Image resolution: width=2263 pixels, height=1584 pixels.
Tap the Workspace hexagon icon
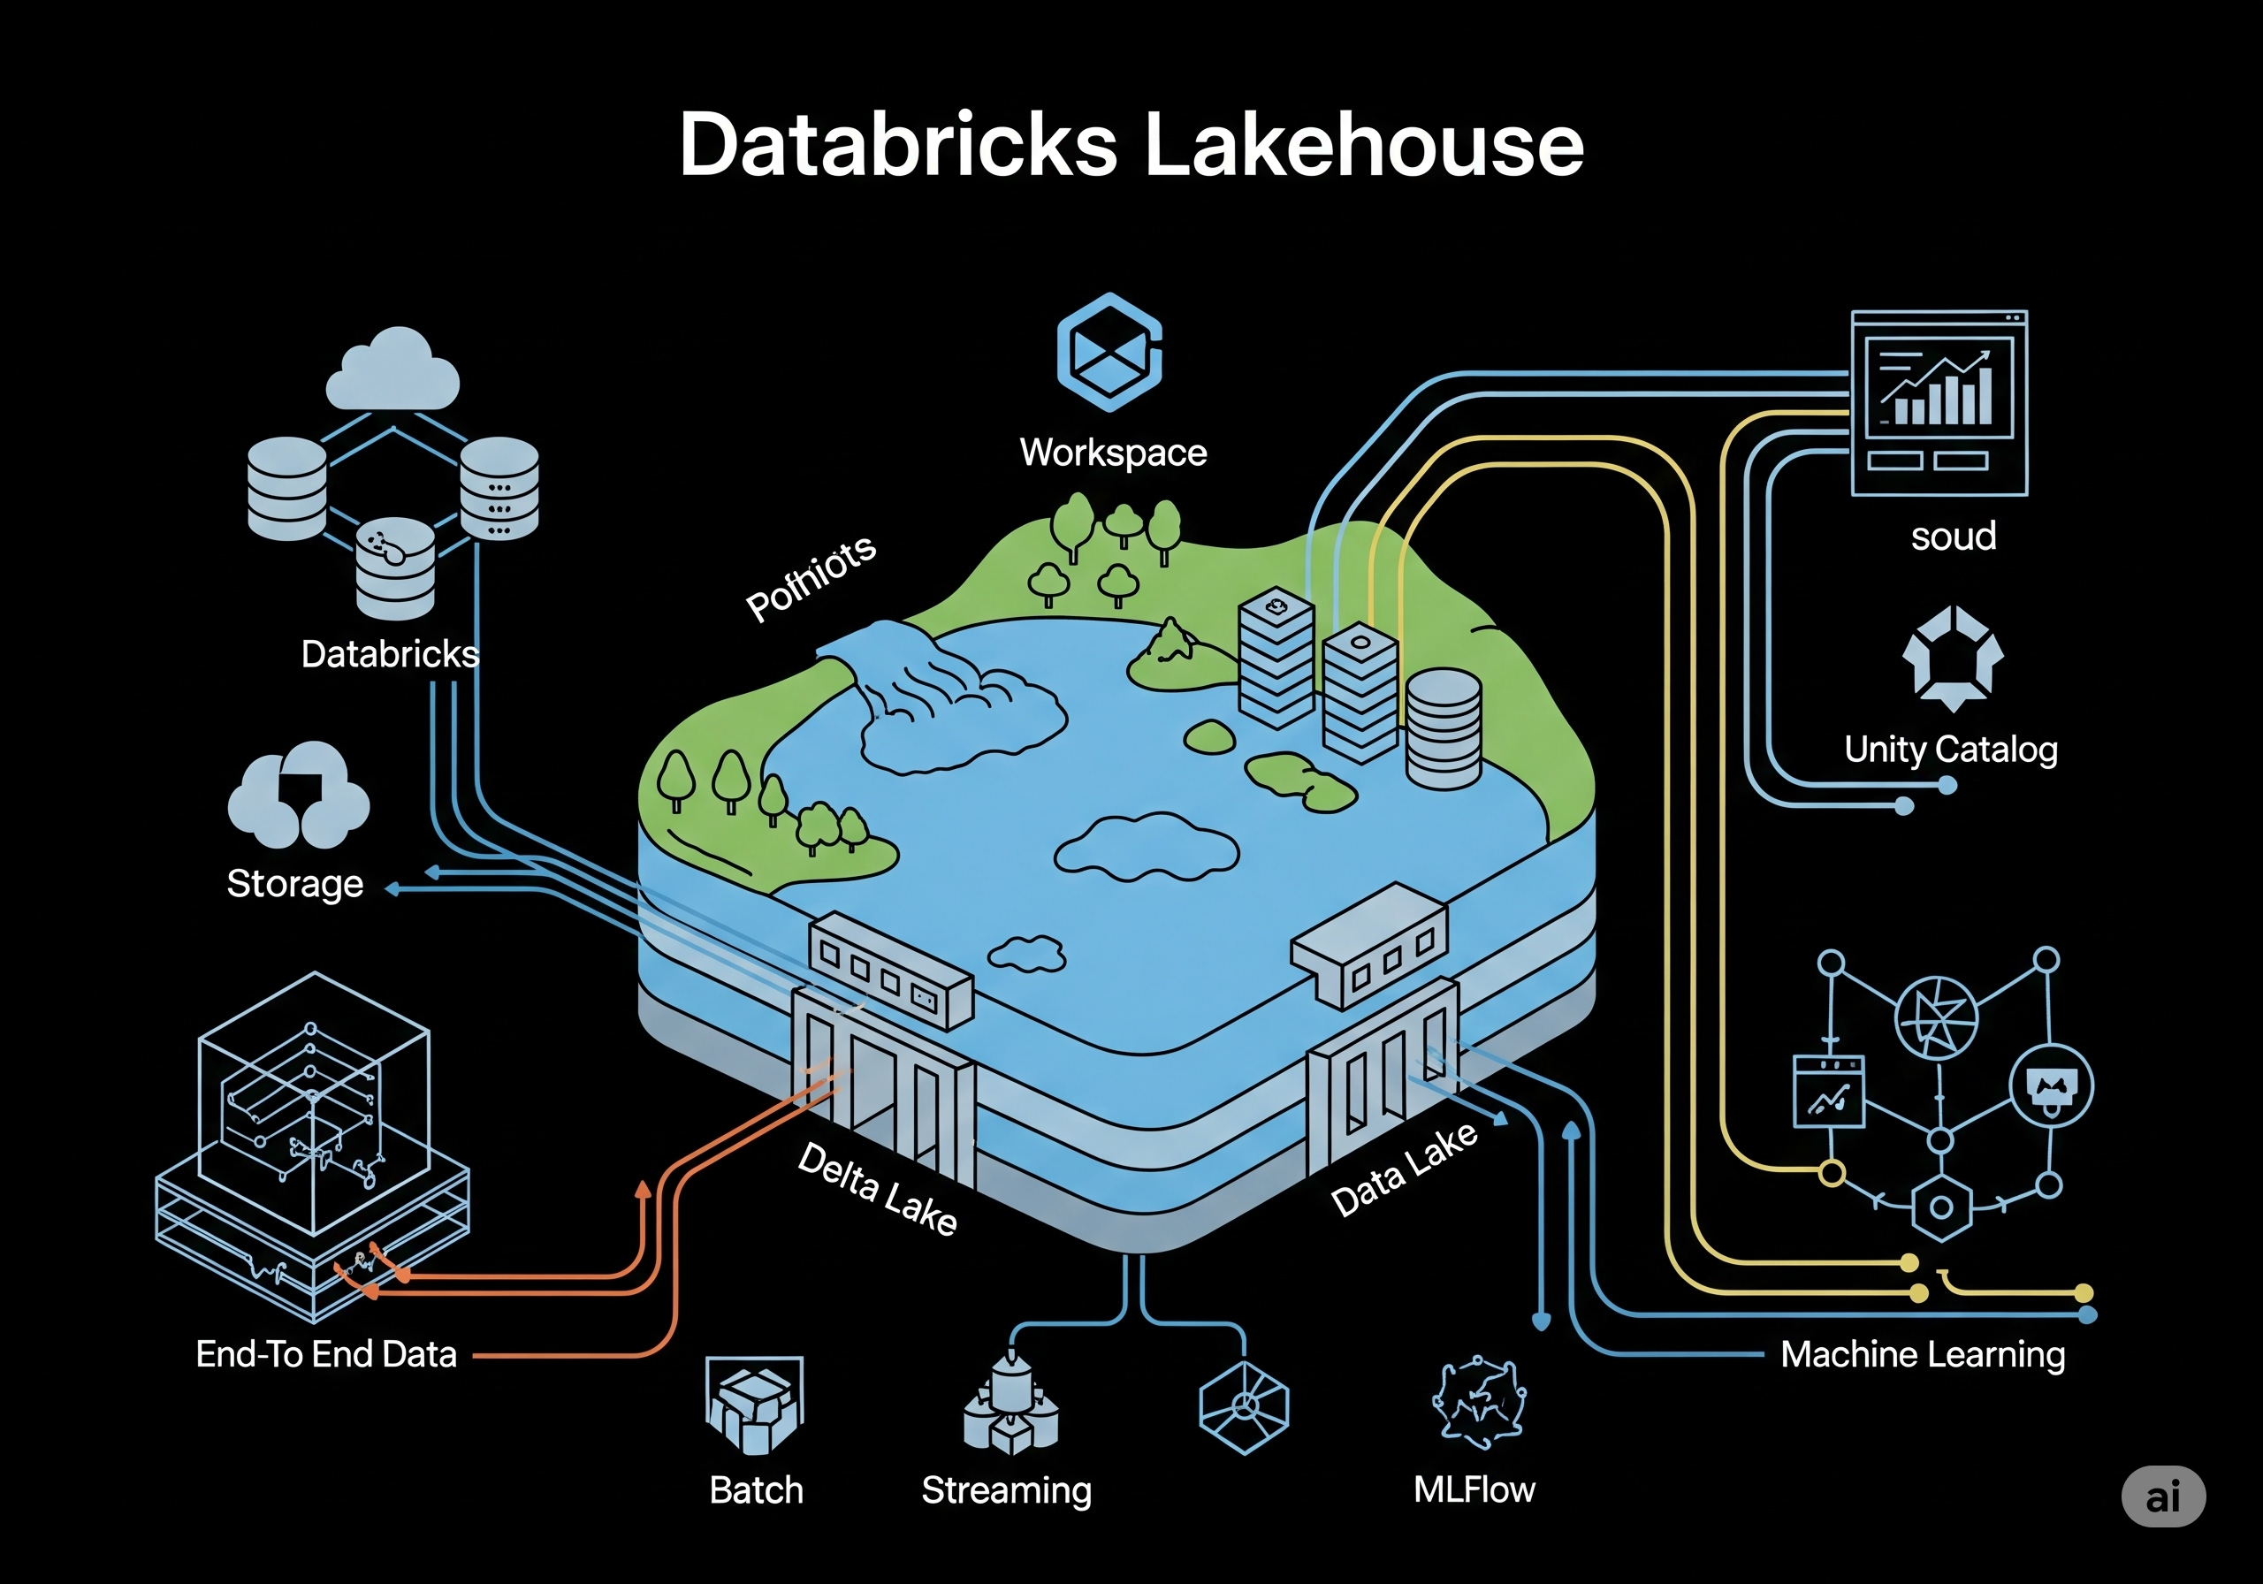click(x=1109, y=352)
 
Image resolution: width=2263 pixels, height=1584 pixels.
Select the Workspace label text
click(x=1113, y=453)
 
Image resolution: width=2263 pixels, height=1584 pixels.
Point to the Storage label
click(x=294, y=883)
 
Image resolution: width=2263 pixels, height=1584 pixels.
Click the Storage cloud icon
click(x=299, y=796)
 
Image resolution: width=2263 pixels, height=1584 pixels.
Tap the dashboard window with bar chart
click(x=1939, y=402)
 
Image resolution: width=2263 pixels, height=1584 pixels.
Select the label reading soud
click(x=1953, y=537)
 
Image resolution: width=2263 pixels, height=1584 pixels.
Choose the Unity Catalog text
click(x=1951, y=749)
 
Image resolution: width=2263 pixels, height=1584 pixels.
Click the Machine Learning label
click(x=1922, y=1354)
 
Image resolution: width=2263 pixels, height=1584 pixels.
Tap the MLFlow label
click(x=1474, y=1489)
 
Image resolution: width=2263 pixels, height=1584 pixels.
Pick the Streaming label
click(x=1006, y=1490)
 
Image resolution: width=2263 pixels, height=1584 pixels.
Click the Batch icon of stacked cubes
click(x=755, y=1405)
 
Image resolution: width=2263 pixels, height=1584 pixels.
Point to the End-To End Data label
click(x=326, y=1354)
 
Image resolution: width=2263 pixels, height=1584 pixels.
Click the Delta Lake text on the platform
click(x=877, y=1189)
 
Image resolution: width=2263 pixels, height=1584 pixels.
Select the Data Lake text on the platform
click(x=1405, y=1169)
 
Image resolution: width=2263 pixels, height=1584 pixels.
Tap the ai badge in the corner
click(x=2162, y=1497)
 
